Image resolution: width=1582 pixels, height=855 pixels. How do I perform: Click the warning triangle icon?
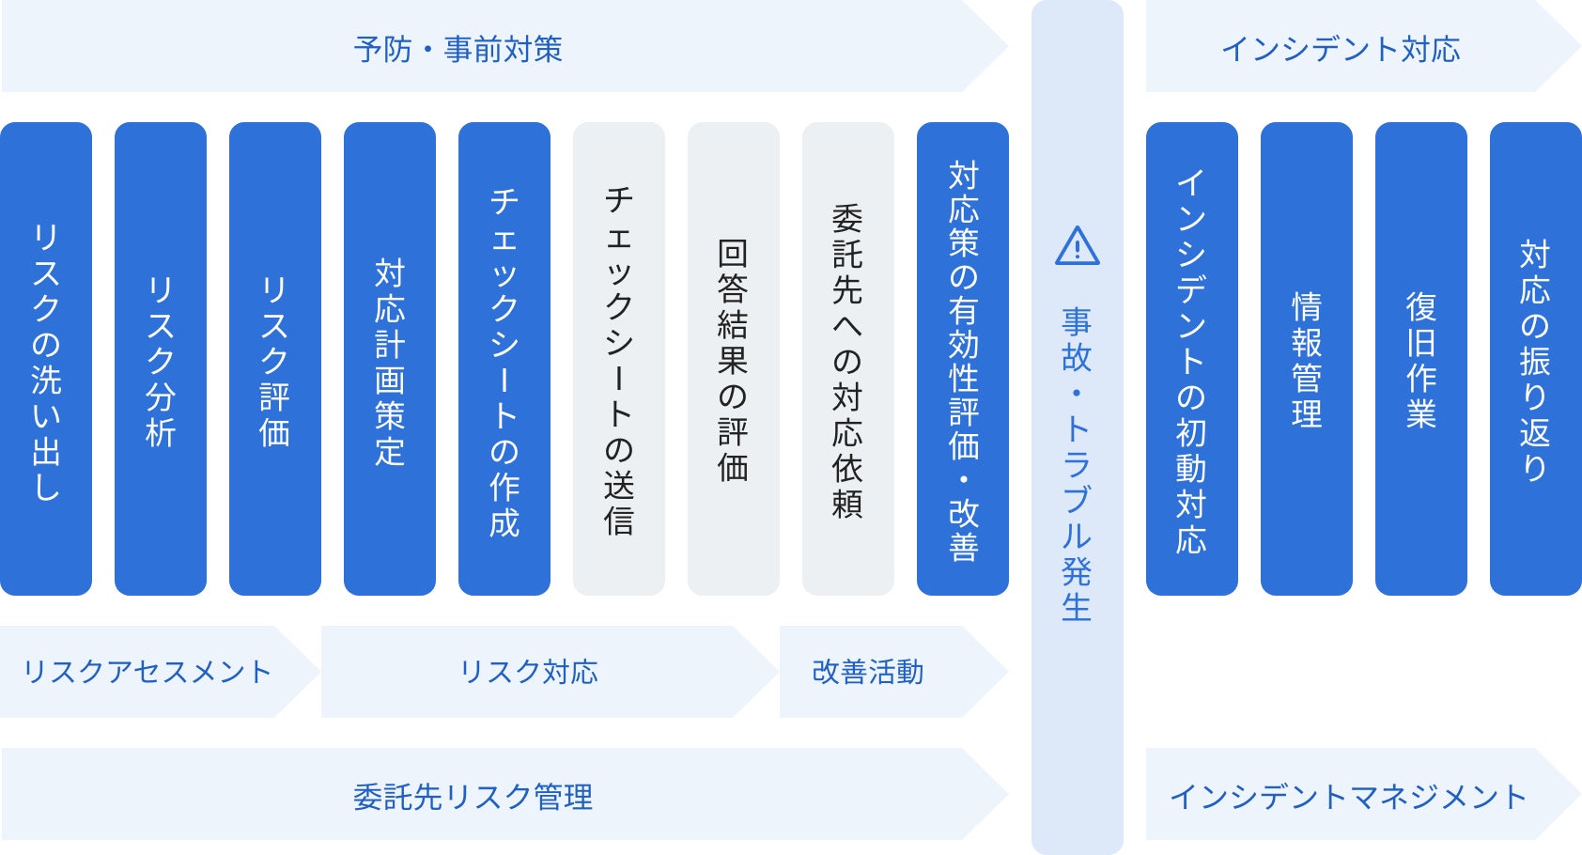click(1078, 247)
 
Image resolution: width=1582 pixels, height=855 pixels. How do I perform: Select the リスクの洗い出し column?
click(46, 359)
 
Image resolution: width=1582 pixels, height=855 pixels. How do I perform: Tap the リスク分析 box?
click(161, 359)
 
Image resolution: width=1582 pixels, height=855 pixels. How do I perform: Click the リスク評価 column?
click(275, 359)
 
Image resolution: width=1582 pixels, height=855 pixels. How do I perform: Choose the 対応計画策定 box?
click(390, 359)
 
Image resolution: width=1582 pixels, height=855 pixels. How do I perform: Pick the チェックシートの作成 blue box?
click(504, 359)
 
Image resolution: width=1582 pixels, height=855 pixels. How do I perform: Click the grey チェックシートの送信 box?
click(619, 359)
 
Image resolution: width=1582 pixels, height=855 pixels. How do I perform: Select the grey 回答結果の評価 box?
click(734, 359)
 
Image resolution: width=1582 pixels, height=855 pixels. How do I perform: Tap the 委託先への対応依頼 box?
click(848, 359)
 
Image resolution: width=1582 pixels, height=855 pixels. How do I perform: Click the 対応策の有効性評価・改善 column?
click(963, 359)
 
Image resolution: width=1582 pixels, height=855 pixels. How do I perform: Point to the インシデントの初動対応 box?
click(1192, 359)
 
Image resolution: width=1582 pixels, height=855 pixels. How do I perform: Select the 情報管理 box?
click(1307, 359)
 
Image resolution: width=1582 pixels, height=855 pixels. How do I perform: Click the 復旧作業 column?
click(1421, 359)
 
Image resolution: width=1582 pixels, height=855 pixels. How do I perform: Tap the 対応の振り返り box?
click(1536, 359)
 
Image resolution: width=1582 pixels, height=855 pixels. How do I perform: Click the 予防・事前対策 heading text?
click(458, 49)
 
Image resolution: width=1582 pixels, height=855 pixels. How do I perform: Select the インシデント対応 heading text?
click(1341, 49)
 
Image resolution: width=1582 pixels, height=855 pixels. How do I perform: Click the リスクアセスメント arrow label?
click(147, 672)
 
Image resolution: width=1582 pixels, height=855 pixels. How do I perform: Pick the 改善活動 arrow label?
click(868, 672)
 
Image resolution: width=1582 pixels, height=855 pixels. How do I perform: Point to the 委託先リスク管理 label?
click(473, 797)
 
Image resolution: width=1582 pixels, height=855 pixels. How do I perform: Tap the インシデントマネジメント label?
click(1347, 797)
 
